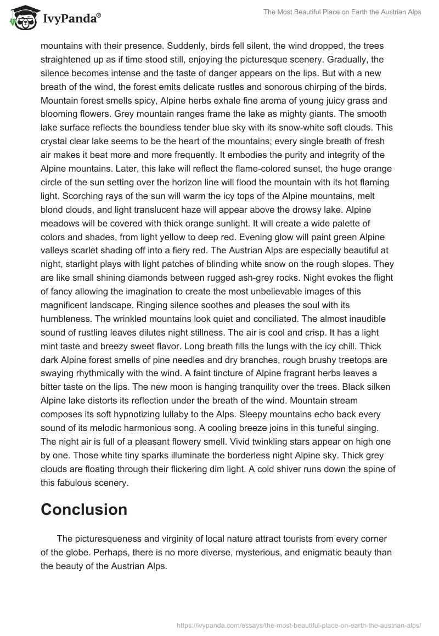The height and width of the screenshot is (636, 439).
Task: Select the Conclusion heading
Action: point(84,509)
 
